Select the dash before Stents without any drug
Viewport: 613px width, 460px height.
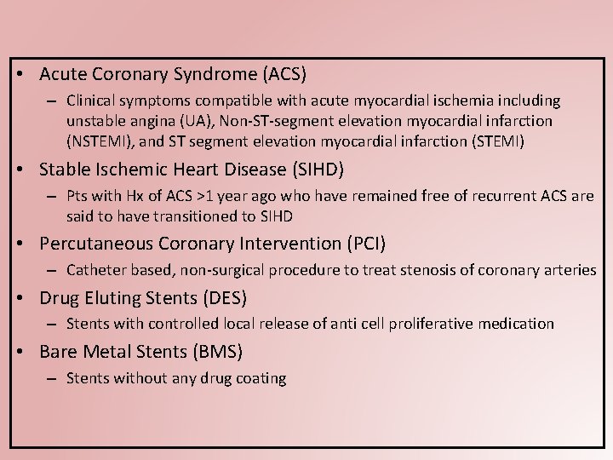point(51,379)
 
